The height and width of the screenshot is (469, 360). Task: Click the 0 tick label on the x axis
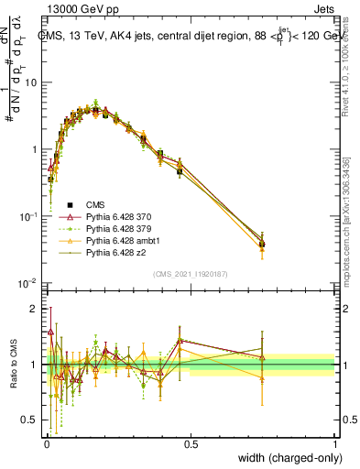47,443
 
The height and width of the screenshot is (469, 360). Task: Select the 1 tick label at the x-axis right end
334,443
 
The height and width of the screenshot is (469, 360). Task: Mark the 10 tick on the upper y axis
34,82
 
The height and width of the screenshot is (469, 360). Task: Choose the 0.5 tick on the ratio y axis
33,420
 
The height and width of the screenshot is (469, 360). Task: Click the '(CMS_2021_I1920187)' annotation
191,274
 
